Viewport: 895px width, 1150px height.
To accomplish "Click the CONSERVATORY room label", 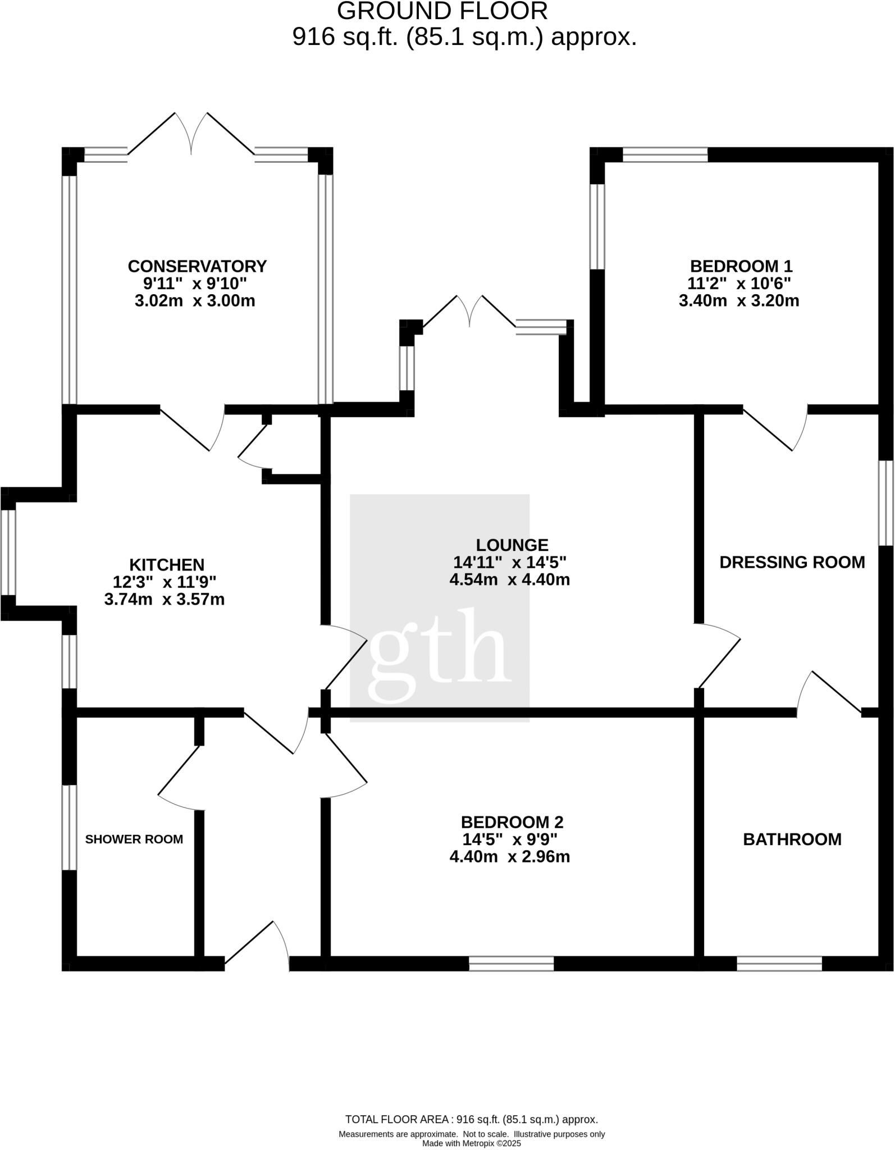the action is point(197,266).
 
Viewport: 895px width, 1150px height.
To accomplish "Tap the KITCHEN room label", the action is point(167,564).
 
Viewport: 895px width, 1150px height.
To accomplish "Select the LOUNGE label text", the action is point(512,545).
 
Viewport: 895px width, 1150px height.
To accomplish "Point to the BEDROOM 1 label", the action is point(741,266).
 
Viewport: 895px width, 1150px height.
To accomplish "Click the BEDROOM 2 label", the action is point(512,822).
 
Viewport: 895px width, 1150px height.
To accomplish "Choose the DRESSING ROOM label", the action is point(792,562).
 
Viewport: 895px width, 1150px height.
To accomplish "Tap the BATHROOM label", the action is point(792,839).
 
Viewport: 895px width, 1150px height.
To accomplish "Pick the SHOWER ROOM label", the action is point(134,839).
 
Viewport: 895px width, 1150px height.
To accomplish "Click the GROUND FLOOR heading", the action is point(442,11).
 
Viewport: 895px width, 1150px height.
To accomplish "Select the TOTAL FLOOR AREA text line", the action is point(472,1120).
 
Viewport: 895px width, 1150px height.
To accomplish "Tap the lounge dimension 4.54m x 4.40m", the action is point(510,579).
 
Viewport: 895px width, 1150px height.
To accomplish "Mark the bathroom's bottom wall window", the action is point(779,964).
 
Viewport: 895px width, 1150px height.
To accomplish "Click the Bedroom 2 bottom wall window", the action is point(512,964).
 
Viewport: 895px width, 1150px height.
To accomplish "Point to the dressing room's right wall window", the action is point(885,503).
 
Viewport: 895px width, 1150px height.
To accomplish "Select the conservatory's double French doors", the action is point(191,134).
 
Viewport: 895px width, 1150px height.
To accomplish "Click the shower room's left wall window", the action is point(69,827).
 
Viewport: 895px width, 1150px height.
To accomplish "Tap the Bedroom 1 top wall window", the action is point(665,154).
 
